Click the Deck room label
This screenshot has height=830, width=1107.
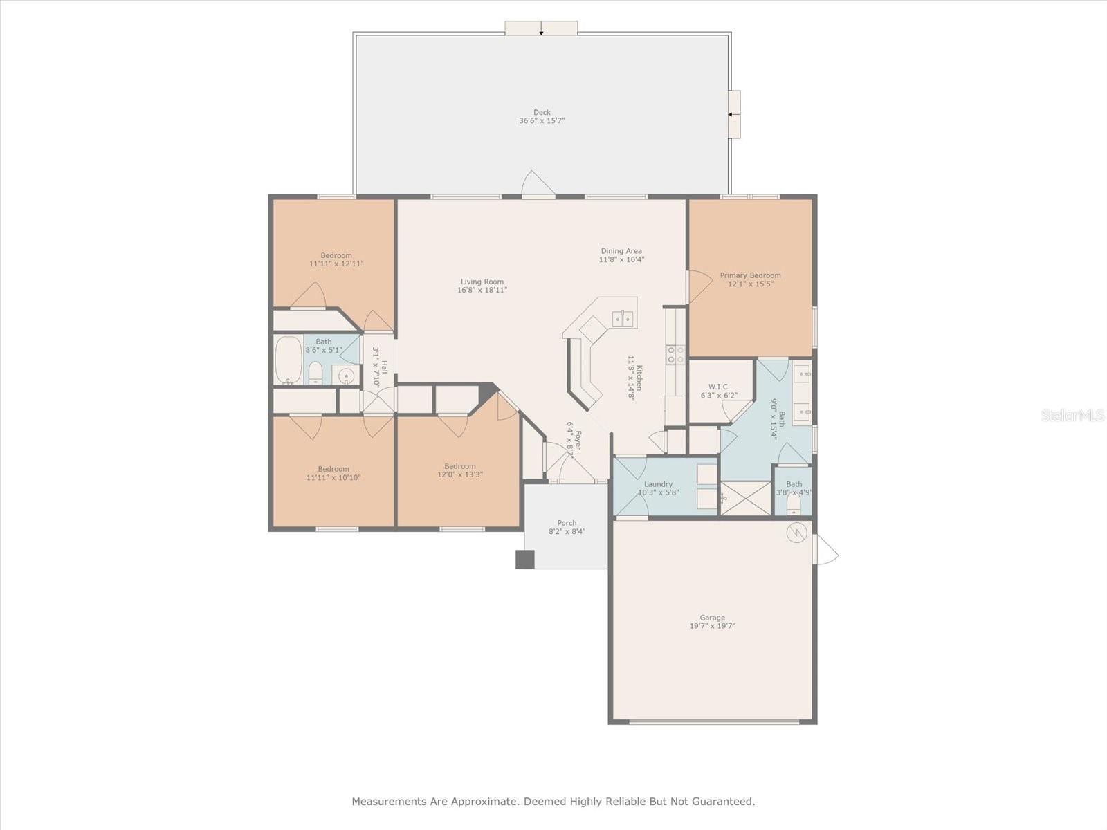[x=542, y=112]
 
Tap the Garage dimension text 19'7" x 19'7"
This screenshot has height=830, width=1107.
[x=712, y=626]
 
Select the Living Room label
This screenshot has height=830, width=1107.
[x=482, y=282]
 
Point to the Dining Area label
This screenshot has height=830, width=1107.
[x=621, y=251]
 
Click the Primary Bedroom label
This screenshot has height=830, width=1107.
[x=750, y=275]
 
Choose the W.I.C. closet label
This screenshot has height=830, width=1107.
[x=719, y=387]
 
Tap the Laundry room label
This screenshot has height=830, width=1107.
[x=658, y=484]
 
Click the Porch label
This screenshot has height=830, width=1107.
[x=567, y=523]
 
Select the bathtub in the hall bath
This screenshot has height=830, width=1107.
[x=289, y=360]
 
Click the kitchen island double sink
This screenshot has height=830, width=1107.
[x=623, y=319]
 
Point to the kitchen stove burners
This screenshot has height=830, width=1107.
[x=675, y=354]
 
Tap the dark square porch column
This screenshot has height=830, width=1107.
[x=524, y=560]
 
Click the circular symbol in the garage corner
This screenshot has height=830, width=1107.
[x=796, y=532]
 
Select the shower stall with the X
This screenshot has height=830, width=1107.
[x=746, y=498]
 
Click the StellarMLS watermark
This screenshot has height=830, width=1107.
[x=1072, y=416]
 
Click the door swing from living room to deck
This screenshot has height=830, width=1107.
[x=538, y=183]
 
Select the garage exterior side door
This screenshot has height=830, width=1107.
[x=825, y=549]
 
